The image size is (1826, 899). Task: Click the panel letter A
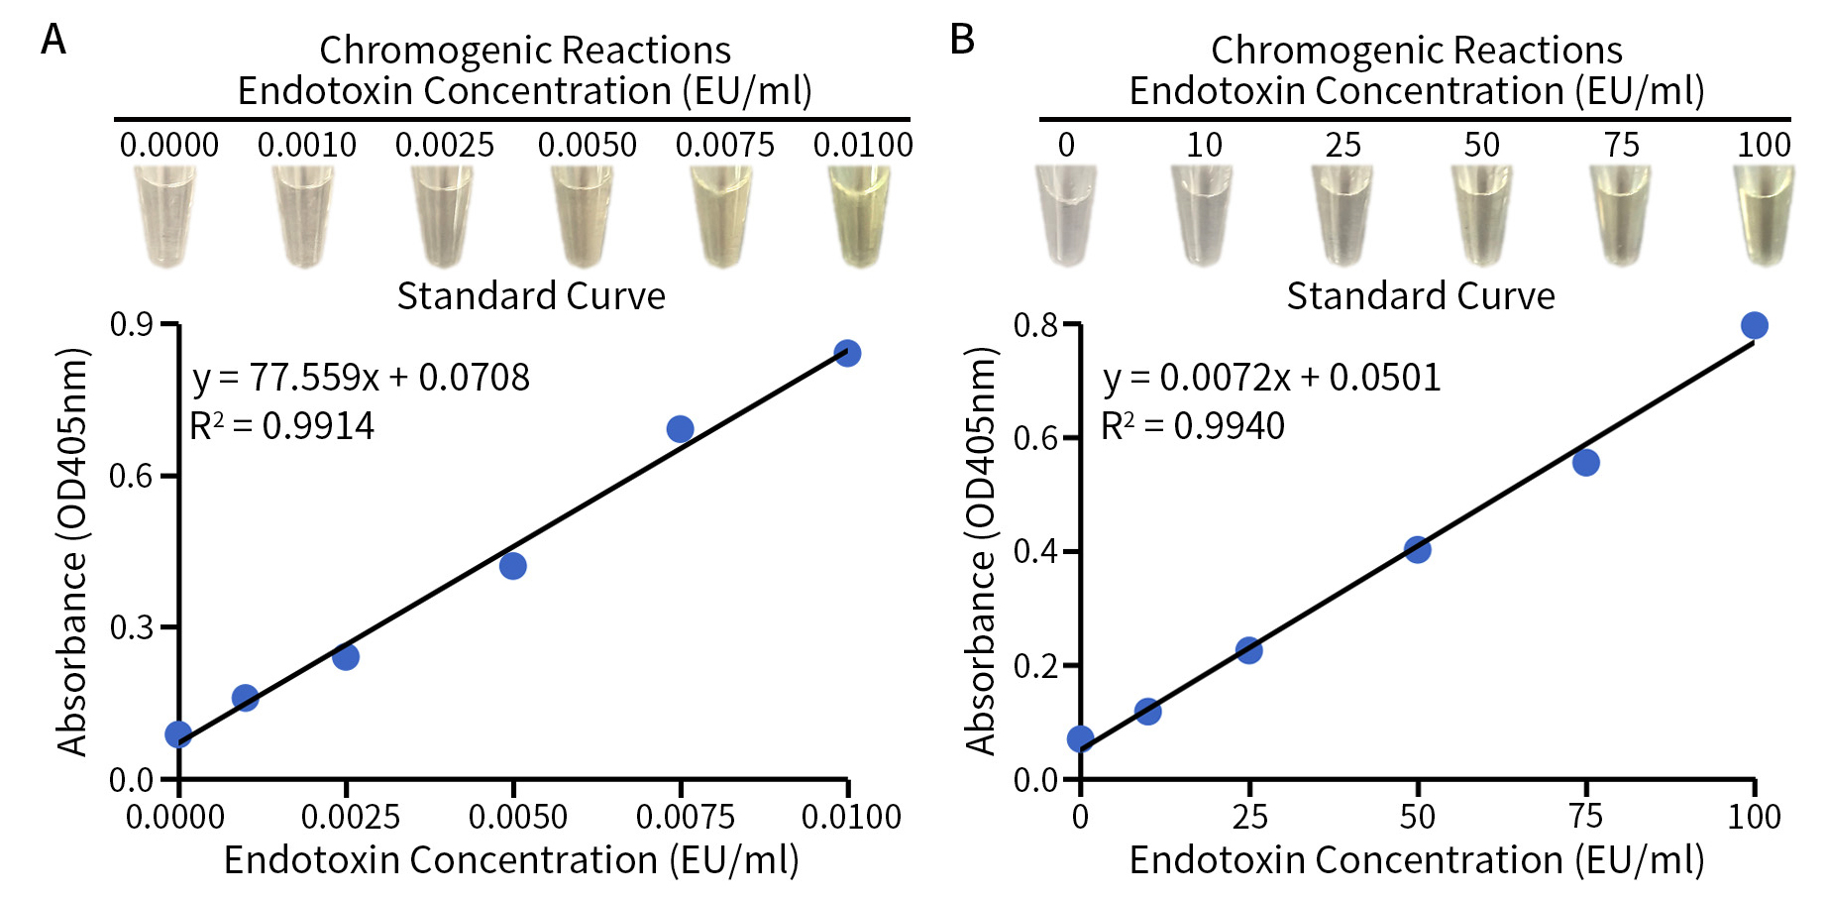pos(54,40)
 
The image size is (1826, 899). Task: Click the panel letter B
pos(962,40)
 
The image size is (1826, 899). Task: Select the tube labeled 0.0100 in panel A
pos(859,216)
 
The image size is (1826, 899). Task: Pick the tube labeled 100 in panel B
pos(1764,216)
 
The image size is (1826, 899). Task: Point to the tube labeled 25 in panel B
pos(1343,216)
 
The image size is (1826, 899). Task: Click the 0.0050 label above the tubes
pos(587,146)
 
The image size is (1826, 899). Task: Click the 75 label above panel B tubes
pos(1621,146)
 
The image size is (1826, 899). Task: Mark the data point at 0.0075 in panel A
pos(680,429)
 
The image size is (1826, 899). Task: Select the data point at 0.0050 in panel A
pos(512,566)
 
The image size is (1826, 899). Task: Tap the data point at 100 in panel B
pos(1754,325)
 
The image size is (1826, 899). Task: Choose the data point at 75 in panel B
pos(1585,462)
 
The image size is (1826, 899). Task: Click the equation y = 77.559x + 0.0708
pos(361,378)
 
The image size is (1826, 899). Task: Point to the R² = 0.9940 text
pos(1192,426)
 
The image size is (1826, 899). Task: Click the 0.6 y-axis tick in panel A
pos(131,476)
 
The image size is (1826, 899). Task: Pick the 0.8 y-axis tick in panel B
pos(1034,324)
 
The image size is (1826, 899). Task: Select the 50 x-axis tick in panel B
pos(1417,817)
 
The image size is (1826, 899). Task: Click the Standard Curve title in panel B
pos(1420,296)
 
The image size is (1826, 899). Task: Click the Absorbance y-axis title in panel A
pos(72,551)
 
